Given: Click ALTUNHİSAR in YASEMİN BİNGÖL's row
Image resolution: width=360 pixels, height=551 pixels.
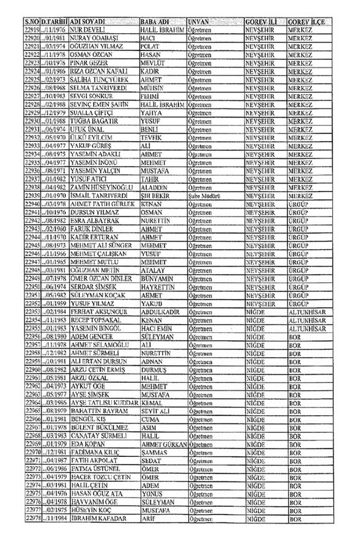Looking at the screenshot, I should pos(308,328).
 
